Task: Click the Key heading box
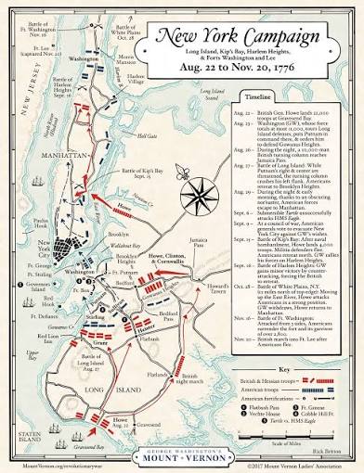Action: (297, 343)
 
